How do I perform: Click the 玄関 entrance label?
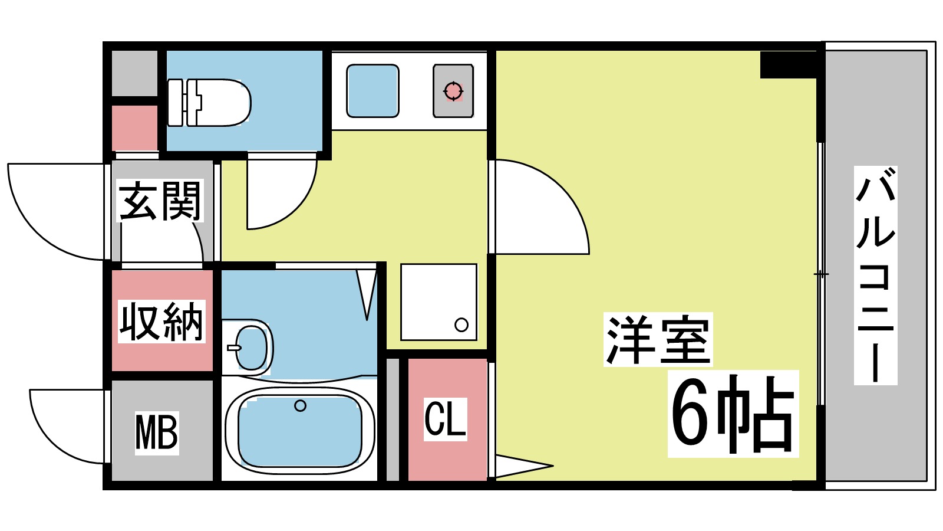pyautogui.click(x=160, y=201)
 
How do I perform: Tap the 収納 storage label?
pyautogui.click(x=161, y=322)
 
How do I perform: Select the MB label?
pyautogui.click(x=156, y=432)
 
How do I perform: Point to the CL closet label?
pyautogui.click(x=446, y=419)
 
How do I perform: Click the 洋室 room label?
pyautogui.click(x=658, y=340)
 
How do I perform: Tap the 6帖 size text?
pyautogui.click(x=733, y=414)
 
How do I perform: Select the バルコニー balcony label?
pyautogui.click(x=876, y=275)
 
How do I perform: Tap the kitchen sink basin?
pyautogui.click(x=372, y=91)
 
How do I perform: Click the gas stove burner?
pyautogui.click(x=453, y=91)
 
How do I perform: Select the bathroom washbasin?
pyautogui.click(x=250, y=348)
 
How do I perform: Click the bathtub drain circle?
pyautogui.click(x=300, y=405)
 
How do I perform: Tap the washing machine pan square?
pyautogui.click(x=438, y=301)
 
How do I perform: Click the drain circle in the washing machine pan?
pyautogui.click(x=461, y=324)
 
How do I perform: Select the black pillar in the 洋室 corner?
pyautogui.click(x=788, y=65)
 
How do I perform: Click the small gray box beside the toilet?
pyautogui.click(x=135, y=73)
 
